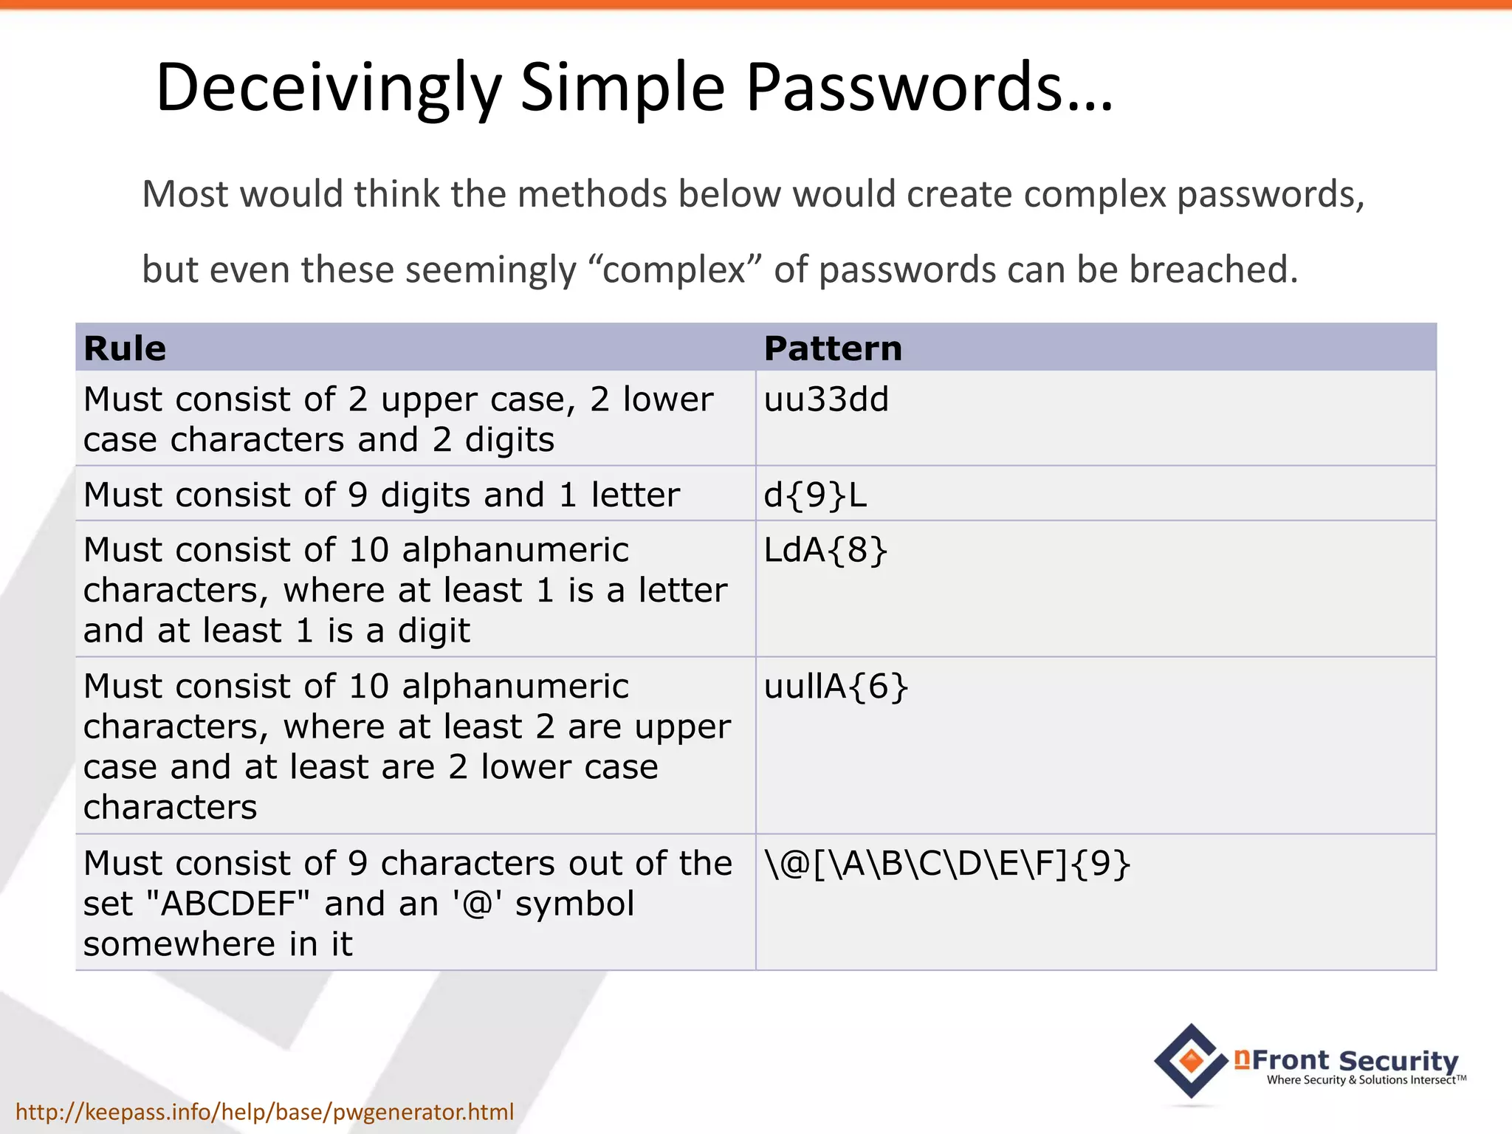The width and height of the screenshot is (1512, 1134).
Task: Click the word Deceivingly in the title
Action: pos(329,89)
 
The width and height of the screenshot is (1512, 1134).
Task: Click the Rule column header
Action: pos(125,348)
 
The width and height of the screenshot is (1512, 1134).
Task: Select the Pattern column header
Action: pos(833,348)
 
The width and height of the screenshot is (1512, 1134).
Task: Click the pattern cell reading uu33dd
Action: pos(826,399)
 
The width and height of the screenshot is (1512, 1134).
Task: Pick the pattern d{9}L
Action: pos(815,495)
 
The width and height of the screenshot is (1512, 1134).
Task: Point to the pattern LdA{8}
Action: pos(825,550)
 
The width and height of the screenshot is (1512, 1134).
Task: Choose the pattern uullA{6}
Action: pos(836,687)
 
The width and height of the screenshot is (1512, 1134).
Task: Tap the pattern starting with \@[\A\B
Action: pos(947,864)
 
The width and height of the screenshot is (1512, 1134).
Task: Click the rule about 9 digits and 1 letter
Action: pos(381,495)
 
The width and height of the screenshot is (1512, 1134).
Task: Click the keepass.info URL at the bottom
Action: pos(264,1111)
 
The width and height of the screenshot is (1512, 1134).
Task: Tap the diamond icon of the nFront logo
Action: pos(1191,1060)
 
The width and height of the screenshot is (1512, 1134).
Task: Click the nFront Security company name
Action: pos(1347,1060)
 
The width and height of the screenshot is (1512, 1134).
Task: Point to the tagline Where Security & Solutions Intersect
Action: pos(1366,1080)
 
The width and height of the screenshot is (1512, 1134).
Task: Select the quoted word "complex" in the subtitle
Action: pos(674,269)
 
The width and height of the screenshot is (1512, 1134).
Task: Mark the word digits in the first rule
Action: pos(509,440)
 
